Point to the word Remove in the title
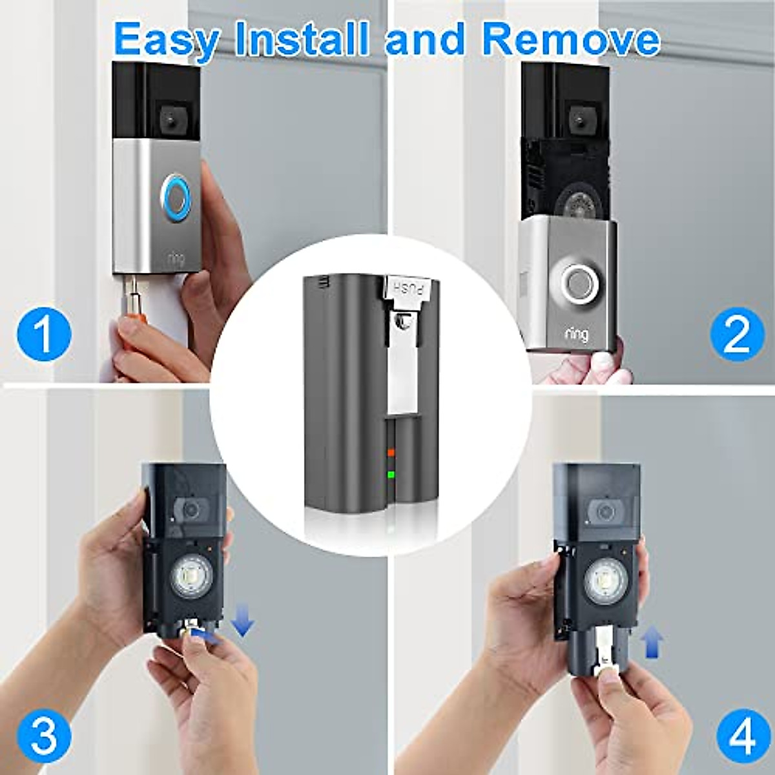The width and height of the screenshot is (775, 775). click(x=571, y=39)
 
